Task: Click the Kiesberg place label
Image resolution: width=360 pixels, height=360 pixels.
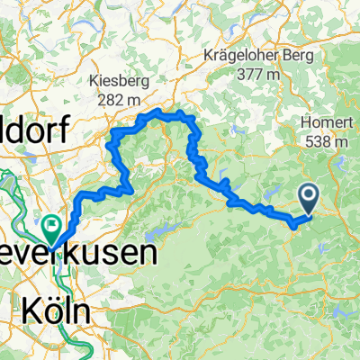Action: (x=121, y=80)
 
